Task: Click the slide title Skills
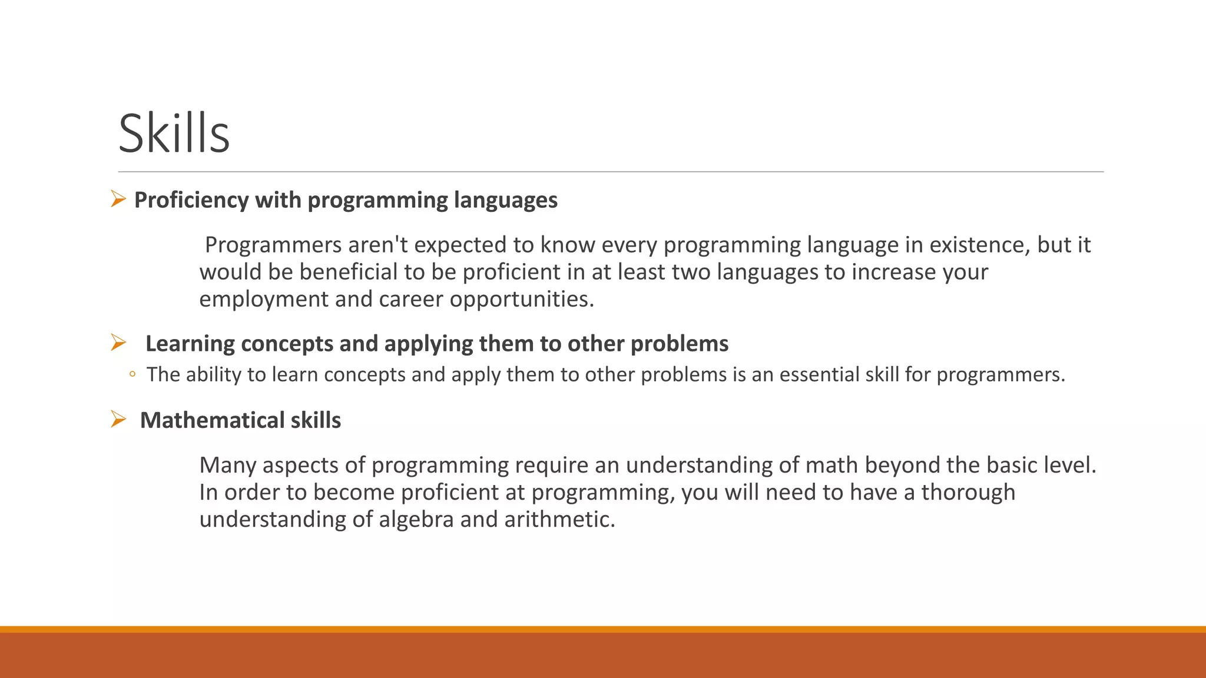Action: [x=174, y=134]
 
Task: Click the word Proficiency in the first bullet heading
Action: [x=191, y=200]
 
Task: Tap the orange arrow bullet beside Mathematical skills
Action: [x=118, y=420]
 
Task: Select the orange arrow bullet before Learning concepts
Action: [x=118, y=343]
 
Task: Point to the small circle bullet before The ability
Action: [x=132, y=374]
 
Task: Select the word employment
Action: [x=264, y=300]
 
